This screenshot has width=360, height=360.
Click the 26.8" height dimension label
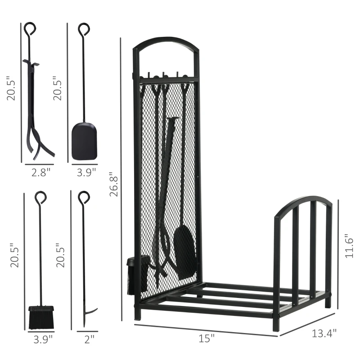tap(114, 184)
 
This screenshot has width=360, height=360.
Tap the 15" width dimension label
tap(207, 338)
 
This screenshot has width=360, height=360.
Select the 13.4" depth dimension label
tap(324, 333)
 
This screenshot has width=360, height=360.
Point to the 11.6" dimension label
tap(349, 246)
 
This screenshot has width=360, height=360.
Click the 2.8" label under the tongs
tap(40, 172)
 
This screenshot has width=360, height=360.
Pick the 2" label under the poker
tap(89, 339)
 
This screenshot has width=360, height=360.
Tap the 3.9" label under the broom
tap(43, 340)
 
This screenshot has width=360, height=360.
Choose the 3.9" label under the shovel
tap(86, 172)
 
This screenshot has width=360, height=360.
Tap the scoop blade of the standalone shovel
tap(84, 141)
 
